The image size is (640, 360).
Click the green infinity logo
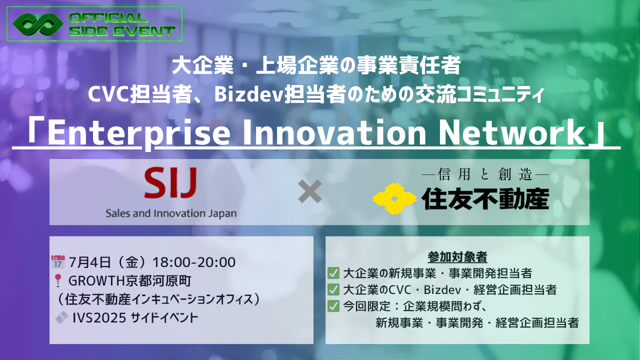point(38,24)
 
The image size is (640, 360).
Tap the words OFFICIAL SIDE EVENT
point(122,24)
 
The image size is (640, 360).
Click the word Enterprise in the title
point(139,133)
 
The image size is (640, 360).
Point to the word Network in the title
point(511,133)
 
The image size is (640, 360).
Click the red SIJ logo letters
point(170,183)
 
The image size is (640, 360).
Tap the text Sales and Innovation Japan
point(171,213)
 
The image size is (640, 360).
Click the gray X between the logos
point(309,191)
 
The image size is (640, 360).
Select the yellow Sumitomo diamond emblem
point(394,198)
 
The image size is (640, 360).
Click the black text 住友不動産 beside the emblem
point(485,199)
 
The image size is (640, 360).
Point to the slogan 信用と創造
point(485,174)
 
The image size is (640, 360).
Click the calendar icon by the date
point(58,262)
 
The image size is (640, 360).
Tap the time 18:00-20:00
point(194,262)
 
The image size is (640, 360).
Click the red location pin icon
point(58,280)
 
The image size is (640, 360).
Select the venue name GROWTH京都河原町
point(130,281)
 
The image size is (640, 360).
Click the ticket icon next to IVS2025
point(61,317)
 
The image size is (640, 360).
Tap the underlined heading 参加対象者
point(457,257)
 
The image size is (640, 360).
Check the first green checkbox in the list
point(333,273)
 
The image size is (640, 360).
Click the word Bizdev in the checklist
point(442,290)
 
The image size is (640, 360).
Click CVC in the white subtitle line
point(107,94)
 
